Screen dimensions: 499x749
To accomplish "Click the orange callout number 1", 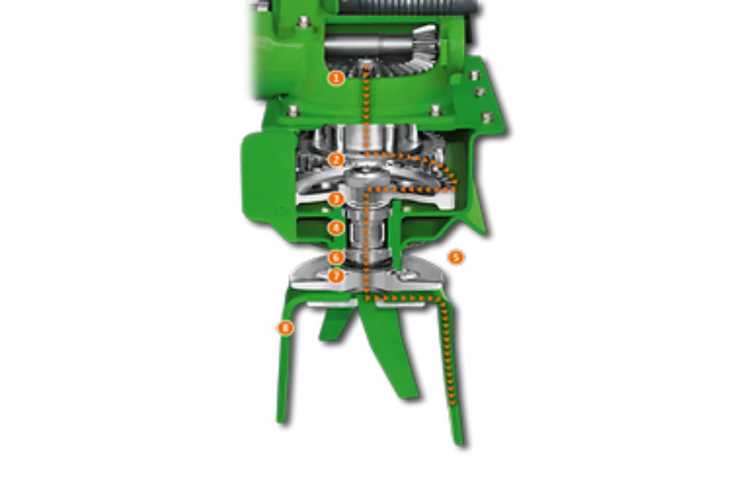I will [336, 78].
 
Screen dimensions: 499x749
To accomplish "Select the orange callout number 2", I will [336, 159].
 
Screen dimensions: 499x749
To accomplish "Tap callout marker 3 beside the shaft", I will [336, 199].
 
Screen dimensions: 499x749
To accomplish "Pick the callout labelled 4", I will [336, 228].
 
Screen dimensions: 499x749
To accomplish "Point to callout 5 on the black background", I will [456, 257].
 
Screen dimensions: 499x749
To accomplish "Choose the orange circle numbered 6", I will [336, 257].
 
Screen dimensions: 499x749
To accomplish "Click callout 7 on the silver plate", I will [336, 275].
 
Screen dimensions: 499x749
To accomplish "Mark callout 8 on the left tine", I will [285, 327].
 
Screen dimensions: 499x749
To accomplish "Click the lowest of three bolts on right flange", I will [487, 117].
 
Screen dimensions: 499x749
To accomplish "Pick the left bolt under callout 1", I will [292, 112].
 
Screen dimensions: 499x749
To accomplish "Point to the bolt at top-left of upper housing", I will [304, 22].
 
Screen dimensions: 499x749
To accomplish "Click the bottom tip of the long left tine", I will [281, 419].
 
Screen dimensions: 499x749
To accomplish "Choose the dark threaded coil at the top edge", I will [399, 6].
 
